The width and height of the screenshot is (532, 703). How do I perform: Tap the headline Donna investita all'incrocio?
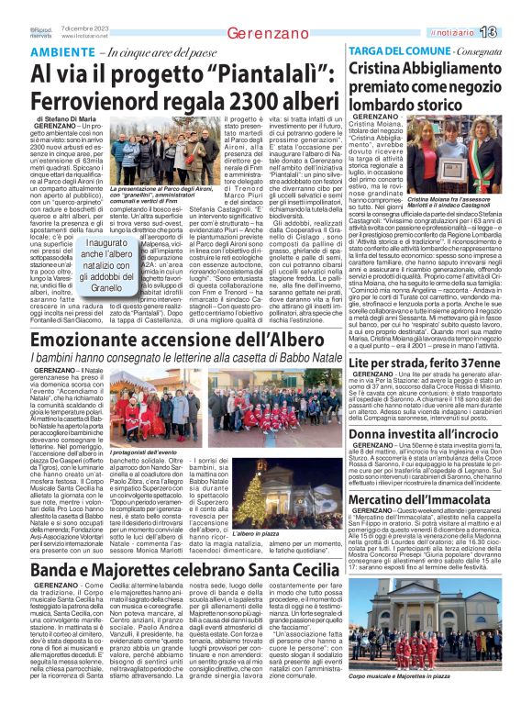pos(423,434)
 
